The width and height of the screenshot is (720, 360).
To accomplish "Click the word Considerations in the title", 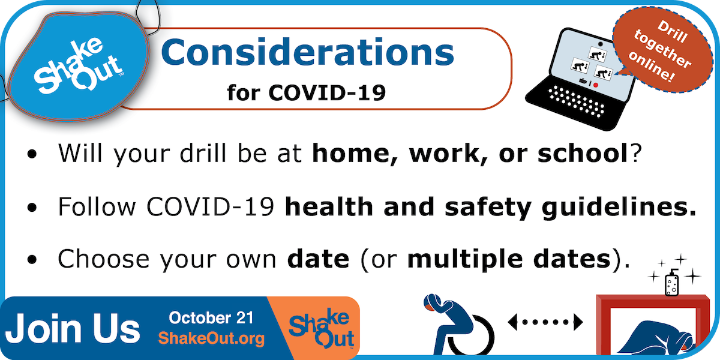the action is point(308,52).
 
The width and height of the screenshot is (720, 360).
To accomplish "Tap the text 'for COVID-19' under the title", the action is point(307,93).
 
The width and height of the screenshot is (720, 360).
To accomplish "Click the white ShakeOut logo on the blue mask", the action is point(78,66).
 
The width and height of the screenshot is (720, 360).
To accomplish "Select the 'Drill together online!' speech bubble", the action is point(663,50).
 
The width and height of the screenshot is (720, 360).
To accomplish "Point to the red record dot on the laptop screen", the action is point(595,85).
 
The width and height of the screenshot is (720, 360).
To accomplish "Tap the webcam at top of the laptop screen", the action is point(600,44).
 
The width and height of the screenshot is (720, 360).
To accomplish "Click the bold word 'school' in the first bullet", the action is point(583,153).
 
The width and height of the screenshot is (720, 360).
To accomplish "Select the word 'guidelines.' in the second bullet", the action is point(619,208).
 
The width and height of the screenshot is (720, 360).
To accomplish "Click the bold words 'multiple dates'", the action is point(509,259).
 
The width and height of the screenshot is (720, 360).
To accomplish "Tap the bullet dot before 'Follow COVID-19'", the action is point(32,208).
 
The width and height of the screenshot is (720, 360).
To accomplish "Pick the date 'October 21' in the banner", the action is point(211,318).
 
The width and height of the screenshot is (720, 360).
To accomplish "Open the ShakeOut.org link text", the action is point(211,338).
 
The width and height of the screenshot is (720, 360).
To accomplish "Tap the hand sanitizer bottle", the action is point(672,283).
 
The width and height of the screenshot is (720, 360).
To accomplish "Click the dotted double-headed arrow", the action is point(545,322).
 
